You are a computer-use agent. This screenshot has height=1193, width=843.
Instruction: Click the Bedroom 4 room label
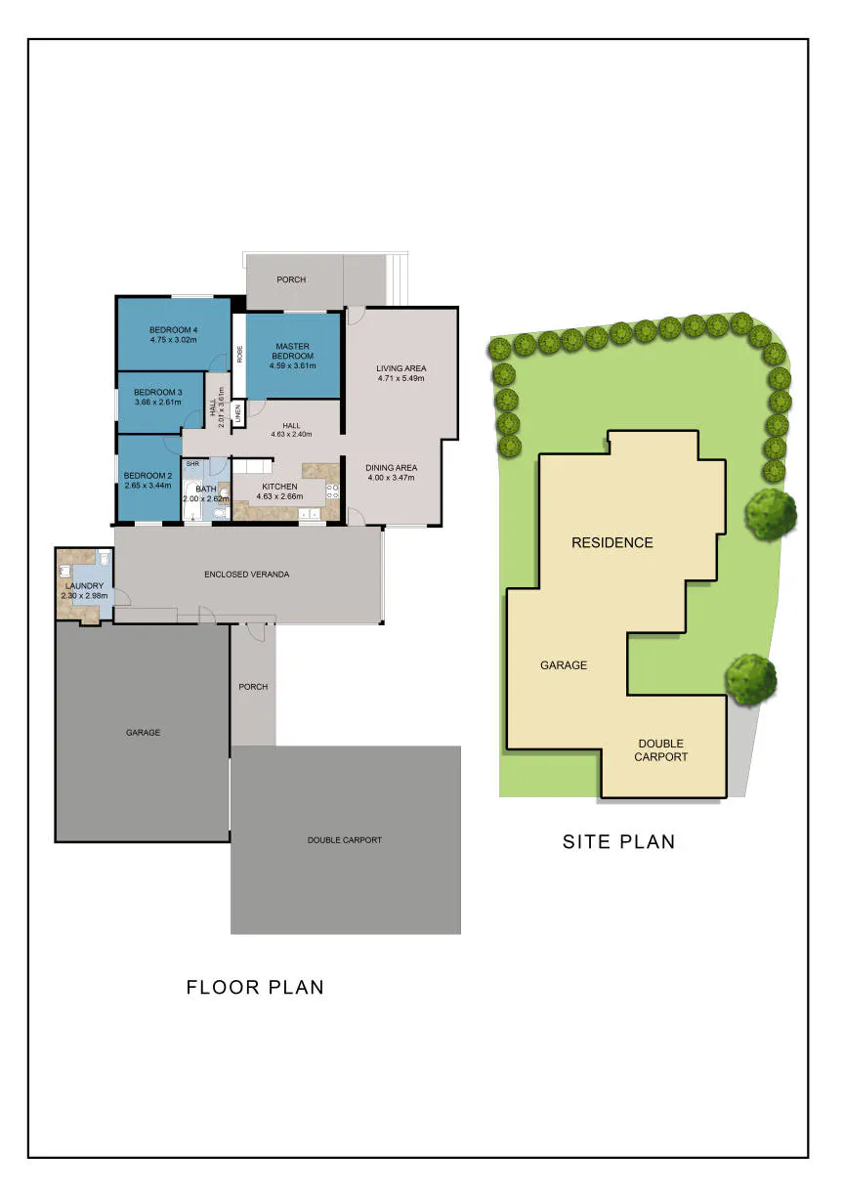(x=174, y=329)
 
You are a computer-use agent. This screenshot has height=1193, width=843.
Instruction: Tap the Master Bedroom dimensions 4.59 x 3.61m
(x=292, y=365)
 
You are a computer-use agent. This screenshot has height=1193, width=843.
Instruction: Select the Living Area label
(x=401, y=368)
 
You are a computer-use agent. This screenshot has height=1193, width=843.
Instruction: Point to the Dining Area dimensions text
(x=391, y=478)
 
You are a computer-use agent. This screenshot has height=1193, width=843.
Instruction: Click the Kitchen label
(x=279, y=487)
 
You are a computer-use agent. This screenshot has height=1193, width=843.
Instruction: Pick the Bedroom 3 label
(x=158, y=392)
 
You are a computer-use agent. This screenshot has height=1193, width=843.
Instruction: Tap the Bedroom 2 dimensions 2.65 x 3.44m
(x=148, y=486)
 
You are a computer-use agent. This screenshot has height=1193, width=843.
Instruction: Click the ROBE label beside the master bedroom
(x=239, y=354)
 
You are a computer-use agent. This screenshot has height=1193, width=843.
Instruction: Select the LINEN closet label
(x=238, y=413)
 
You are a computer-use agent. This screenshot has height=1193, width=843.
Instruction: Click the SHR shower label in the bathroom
(x=192, y=464)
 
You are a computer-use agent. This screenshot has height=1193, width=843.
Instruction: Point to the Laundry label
(x=85, y=586)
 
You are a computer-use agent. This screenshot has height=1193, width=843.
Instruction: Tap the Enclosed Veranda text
(x=246, y=575)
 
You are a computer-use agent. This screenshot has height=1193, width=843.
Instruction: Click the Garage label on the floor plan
(x=144, y=732)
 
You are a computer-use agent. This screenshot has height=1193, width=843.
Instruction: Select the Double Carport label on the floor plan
(x=345, y=840)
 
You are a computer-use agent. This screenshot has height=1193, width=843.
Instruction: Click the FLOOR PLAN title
(x=255, y=987)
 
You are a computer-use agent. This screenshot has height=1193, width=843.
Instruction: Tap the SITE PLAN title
(x=618, y=841)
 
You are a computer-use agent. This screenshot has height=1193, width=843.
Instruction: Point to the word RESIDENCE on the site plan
(x=611, y=542)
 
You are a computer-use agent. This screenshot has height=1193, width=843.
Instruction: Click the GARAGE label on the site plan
(x=564, y=664)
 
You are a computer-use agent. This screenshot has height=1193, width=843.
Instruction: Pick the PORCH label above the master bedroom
(x=291, y=279)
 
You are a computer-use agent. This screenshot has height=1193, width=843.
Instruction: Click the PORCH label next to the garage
(x=253, y=687)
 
